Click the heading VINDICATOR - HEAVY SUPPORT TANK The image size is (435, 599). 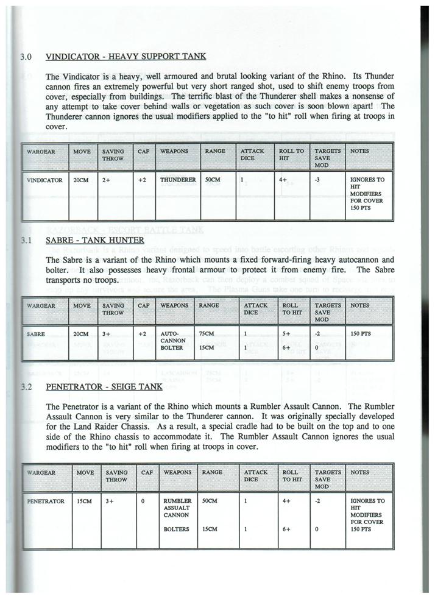(126, 57)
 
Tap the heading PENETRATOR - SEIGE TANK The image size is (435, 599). (104, 386)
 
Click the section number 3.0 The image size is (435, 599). (25, 57)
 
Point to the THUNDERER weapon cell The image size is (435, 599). (178, 180)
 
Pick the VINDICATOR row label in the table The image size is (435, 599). (44, 180)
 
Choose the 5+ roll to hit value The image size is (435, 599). (286, 334)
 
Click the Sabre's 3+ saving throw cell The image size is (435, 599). (107, 334)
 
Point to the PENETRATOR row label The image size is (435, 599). (46, 501)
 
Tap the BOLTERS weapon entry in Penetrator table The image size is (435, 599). (176, 530)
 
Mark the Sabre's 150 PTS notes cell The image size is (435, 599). (361, 334)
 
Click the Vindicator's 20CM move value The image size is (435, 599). (80, 180)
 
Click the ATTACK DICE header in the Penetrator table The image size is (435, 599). (255, 475)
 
